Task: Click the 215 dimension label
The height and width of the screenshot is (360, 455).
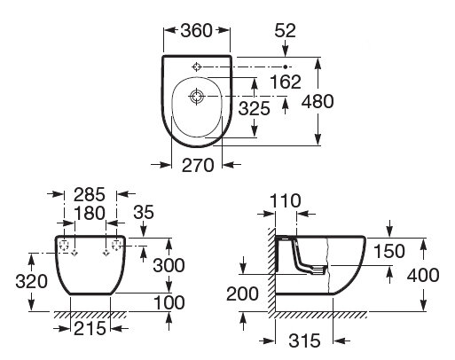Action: point(90,329)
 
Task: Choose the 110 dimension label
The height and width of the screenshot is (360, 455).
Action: point(286,202)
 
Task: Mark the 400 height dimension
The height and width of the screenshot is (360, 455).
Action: point(423,275)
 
